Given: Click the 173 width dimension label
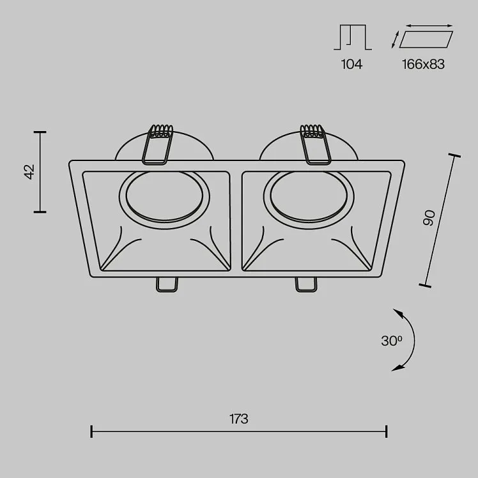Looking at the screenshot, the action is [x=239, y=419].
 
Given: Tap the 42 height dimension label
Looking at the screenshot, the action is [x=30, y=172].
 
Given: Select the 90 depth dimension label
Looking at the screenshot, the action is [x=429, y=218].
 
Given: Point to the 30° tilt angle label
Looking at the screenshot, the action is [x=392, y=341].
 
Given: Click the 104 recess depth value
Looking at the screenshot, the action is [x=351, y=65].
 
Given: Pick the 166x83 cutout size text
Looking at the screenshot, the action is [x=423, y=65].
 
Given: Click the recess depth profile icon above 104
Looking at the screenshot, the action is [x=353, y=37].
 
